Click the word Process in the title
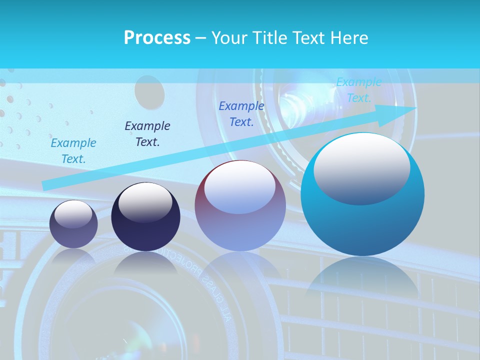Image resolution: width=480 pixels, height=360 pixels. [x=157, y=38]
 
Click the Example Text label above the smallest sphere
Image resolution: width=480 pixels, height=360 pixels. [x=73, y=150]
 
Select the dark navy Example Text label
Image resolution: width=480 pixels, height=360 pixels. [x=147, y=133]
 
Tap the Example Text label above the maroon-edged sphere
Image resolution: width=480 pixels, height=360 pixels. [x=241, y=113]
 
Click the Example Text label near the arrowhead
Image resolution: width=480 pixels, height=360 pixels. [x=358, y=90]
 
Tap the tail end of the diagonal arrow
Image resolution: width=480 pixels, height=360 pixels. [x=45, y=185]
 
